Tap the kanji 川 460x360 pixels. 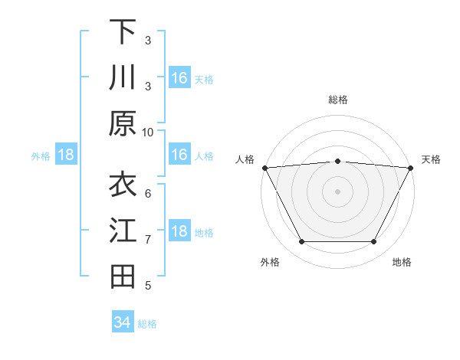[x=123, y=77]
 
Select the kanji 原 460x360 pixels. [x=123, y=123]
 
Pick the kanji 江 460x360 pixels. [x=123, y=231]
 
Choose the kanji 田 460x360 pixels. [x=123, y=277]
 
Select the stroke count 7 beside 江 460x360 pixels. [x=148, y=240]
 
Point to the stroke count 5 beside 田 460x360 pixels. [x=148, y=286]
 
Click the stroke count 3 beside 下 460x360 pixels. [x=148, y=40]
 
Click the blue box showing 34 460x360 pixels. [x=123, y=322]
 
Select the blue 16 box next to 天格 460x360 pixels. [x=179, y=77]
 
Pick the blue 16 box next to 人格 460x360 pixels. [x=179, y=155]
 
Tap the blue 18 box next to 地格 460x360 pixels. [x=179, y=231]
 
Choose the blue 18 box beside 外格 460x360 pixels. [x=66, y=155]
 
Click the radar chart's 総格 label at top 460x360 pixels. [x=337, y=100]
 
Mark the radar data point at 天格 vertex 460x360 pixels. [x=412, y=167]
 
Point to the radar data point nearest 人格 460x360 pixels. [x=264, y=167]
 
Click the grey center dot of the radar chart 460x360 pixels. [x=337, y=191]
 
